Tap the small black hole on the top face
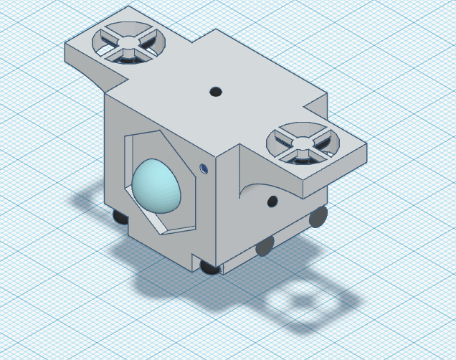point(214,91)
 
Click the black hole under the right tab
point(272,202)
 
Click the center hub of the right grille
point(302,142)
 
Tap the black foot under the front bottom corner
point(209,267)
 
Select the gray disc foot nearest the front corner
point(264,247)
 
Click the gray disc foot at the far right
point(317,218)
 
